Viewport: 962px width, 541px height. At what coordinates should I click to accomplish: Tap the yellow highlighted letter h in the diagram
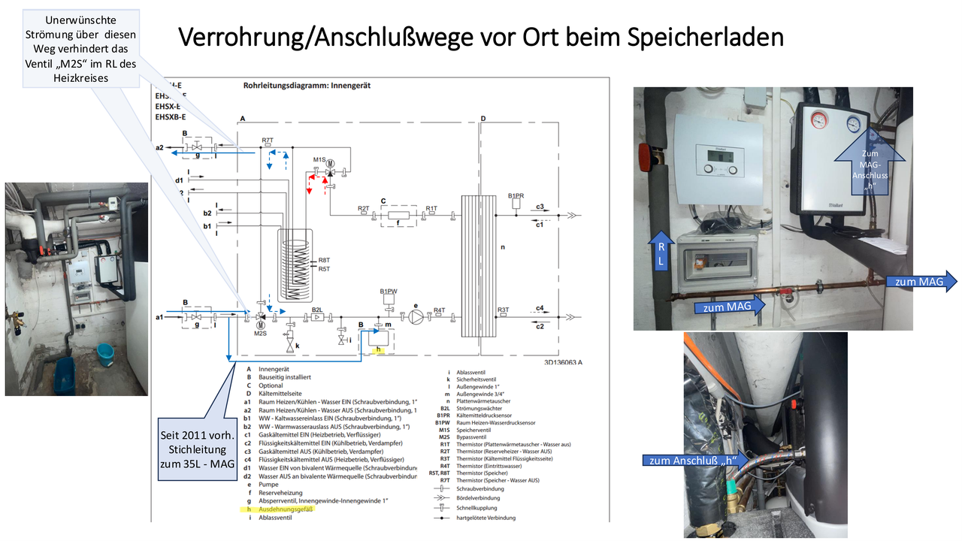coord(380,350)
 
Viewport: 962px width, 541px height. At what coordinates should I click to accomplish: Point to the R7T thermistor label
coord(268,141)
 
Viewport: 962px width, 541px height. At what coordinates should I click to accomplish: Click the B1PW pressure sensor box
coord(387,300)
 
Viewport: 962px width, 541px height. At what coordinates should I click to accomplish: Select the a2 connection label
coord(159,148)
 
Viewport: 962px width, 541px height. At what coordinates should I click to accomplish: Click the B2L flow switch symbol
coord(318,318)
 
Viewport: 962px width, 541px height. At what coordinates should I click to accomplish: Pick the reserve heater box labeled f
coord(398,215)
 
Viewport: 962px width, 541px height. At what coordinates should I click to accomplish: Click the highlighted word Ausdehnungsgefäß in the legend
coord(285,509)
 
